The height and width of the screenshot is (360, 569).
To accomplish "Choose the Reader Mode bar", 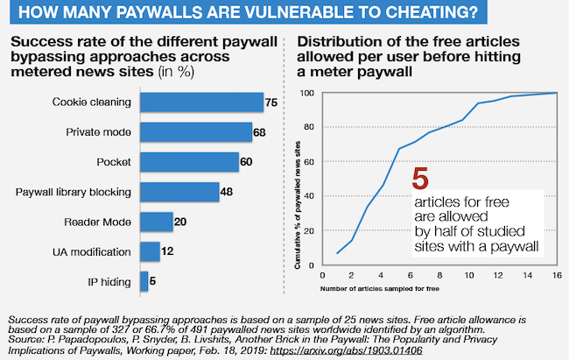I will point(156,222).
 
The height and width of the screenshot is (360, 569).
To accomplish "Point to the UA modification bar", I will point(150,252).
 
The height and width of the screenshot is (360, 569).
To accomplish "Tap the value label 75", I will point(272,102).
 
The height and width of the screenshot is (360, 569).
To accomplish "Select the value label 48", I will point(227,192).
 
